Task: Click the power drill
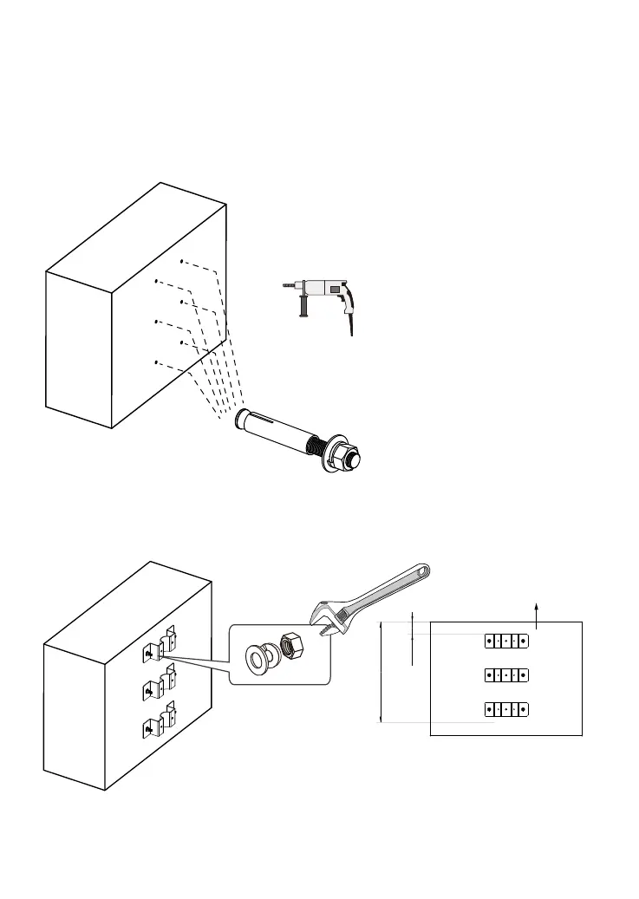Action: [326, 295]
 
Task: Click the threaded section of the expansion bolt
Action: [322, 446]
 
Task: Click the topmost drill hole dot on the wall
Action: [180, 261]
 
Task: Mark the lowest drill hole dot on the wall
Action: [155, 362]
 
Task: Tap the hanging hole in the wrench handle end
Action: [422, 572]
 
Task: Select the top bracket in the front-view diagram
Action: [505, 642]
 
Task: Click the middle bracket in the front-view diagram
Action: [505, 675]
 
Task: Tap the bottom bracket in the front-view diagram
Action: [505, 709]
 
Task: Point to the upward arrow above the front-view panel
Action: [538, 610]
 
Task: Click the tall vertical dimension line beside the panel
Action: [381, 671]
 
